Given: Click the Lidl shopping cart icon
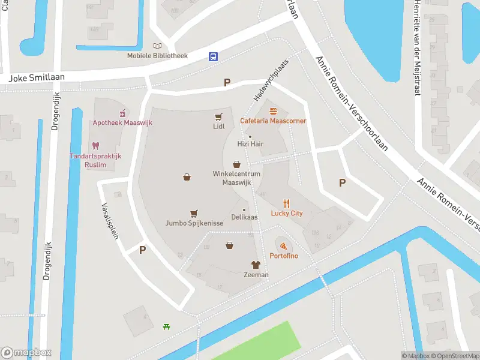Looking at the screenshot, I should (219, 117).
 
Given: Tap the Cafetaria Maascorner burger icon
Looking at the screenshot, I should (274, 110).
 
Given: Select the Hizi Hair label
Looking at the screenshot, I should (250, 144).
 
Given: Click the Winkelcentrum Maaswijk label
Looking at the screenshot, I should (236, 178).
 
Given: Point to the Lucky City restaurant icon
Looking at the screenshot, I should (287, 203).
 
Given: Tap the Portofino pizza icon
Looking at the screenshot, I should (283, 246).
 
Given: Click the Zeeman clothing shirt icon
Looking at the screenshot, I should (256, 265).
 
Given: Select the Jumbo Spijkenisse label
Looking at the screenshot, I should (194, 223).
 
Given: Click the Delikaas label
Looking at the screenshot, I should (245, 217).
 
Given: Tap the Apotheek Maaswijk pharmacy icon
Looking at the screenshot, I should (122, 112).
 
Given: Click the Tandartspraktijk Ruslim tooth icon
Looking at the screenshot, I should (95, 145).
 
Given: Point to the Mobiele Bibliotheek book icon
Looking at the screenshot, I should (157, 46).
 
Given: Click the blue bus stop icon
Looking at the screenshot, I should (213, 56).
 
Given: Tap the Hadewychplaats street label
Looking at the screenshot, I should (267, 88).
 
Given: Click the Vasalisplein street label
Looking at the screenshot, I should (109, 220).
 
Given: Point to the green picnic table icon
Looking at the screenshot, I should (166, 326).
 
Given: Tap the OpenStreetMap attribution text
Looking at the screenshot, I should (455, 356).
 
